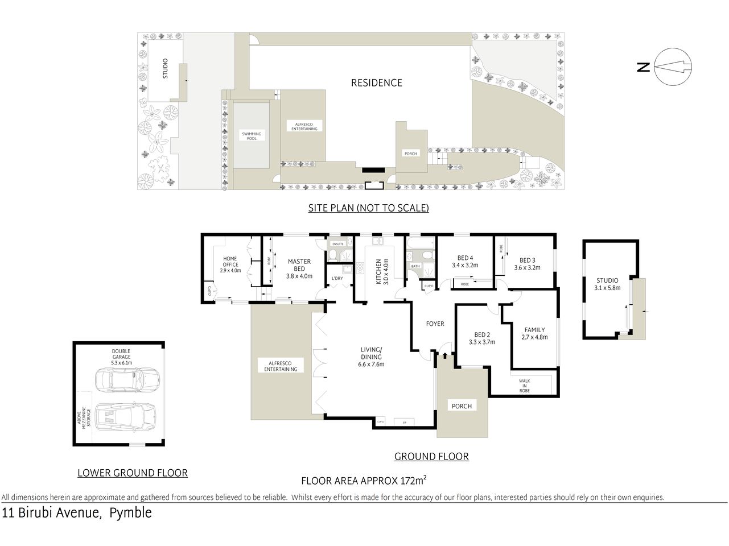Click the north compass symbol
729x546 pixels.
click(673, 67)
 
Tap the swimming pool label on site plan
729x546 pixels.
click(252, 136)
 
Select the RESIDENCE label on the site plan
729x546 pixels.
click(376, 83)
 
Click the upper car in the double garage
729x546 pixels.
click(127, 380)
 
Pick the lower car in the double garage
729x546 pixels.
click(126, 417)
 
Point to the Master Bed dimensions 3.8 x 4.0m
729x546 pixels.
click(299, 276)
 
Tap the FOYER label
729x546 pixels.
click(435, 324)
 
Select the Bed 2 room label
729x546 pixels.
click(481, 334)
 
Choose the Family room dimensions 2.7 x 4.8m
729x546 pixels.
click(534, 337)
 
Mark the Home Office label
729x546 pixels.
click(230, 262)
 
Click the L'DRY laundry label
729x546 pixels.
click(337, 278)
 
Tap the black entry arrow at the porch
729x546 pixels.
click(445, 357)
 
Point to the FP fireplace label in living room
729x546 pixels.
click(405, 423)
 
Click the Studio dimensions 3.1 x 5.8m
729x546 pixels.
click(607, 288)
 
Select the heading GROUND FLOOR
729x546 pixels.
click(431, 456)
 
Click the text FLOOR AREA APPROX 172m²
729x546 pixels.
click(364, 481)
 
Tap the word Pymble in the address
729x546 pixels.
click(130, 513)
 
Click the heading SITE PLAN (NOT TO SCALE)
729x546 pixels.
click(368, 208)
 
